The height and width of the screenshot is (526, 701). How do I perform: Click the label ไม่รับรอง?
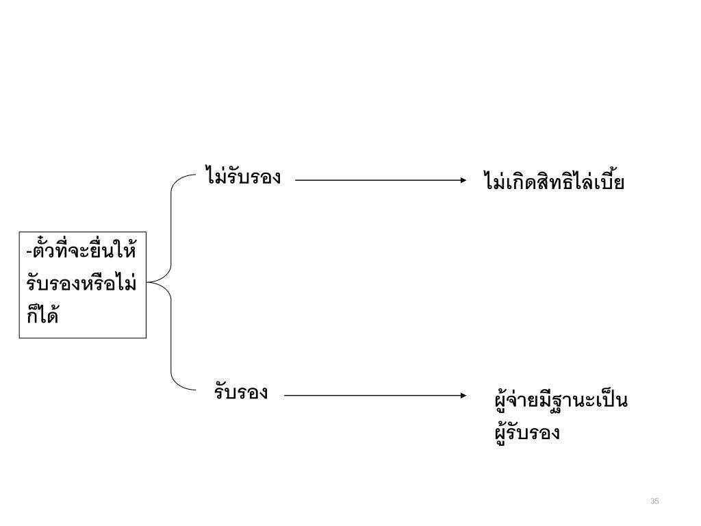[x=243, y=177]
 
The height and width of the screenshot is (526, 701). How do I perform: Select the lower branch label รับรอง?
[x=240, y=393]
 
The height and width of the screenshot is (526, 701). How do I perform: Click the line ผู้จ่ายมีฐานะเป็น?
[x=561, y=400]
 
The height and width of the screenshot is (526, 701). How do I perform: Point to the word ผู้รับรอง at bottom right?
[x=526, y=433]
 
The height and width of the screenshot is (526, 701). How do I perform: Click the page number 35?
[x=654, y=502]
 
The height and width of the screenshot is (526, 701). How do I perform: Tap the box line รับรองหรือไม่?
[x=81, y=283]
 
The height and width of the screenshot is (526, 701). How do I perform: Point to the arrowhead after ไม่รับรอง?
[x=461, y=180]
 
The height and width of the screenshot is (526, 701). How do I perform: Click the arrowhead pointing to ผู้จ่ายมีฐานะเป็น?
[x=461, y=395]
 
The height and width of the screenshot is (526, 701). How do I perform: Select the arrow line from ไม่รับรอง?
[x=377, y=180]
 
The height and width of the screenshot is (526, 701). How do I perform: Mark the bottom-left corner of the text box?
[x=20, y=338]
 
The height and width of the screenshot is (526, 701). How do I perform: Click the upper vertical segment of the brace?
[x=170, y=226]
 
